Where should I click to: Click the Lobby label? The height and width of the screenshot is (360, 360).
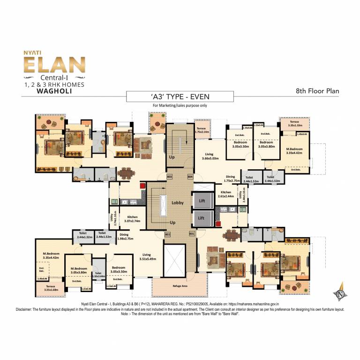tap(177, 203)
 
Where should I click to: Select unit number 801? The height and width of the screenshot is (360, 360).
tap(191, 233)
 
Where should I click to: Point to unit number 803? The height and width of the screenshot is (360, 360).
tap(170, 176)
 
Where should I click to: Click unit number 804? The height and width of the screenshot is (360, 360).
tap(190, 176)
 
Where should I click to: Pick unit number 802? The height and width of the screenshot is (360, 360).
tap(167, 233)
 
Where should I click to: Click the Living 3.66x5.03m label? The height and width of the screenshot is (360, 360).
tap(210, 156)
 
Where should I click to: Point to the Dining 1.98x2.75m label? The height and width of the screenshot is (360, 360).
tap(124, 237)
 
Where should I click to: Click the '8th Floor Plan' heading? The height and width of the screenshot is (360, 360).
tap(317, 91)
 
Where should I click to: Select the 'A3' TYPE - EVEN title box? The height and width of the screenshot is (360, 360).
tap(180, 97)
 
